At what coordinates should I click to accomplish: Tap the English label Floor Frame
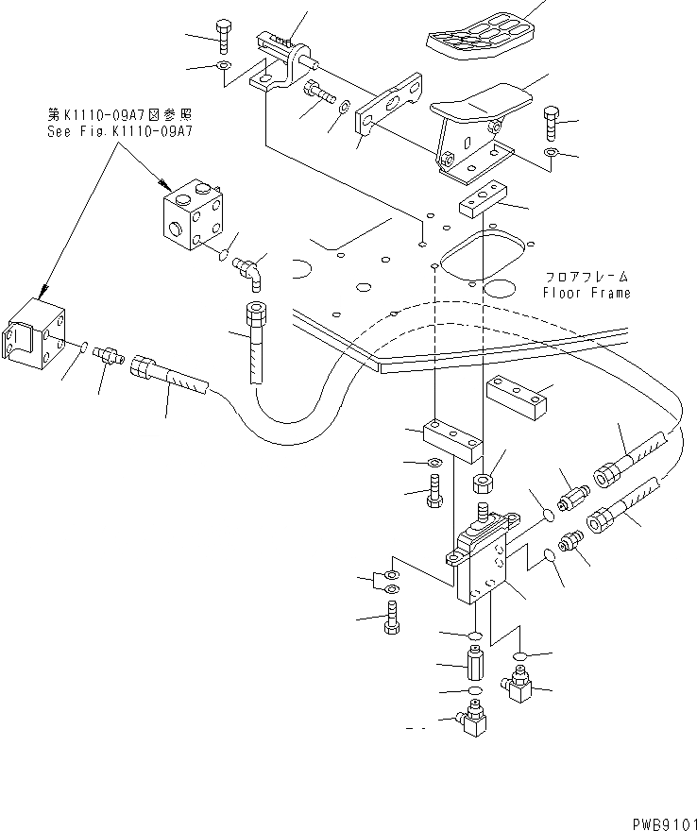coord(586,293)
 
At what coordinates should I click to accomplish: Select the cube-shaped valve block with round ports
coord(192,218)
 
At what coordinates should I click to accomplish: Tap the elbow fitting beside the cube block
coord(250,270)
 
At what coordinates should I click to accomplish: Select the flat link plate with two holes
coord(389,107)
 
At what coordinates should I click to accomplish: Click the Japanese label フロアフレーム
coord(586,278)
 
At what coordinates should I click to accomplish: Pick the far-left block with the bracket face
coord(34,338)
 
